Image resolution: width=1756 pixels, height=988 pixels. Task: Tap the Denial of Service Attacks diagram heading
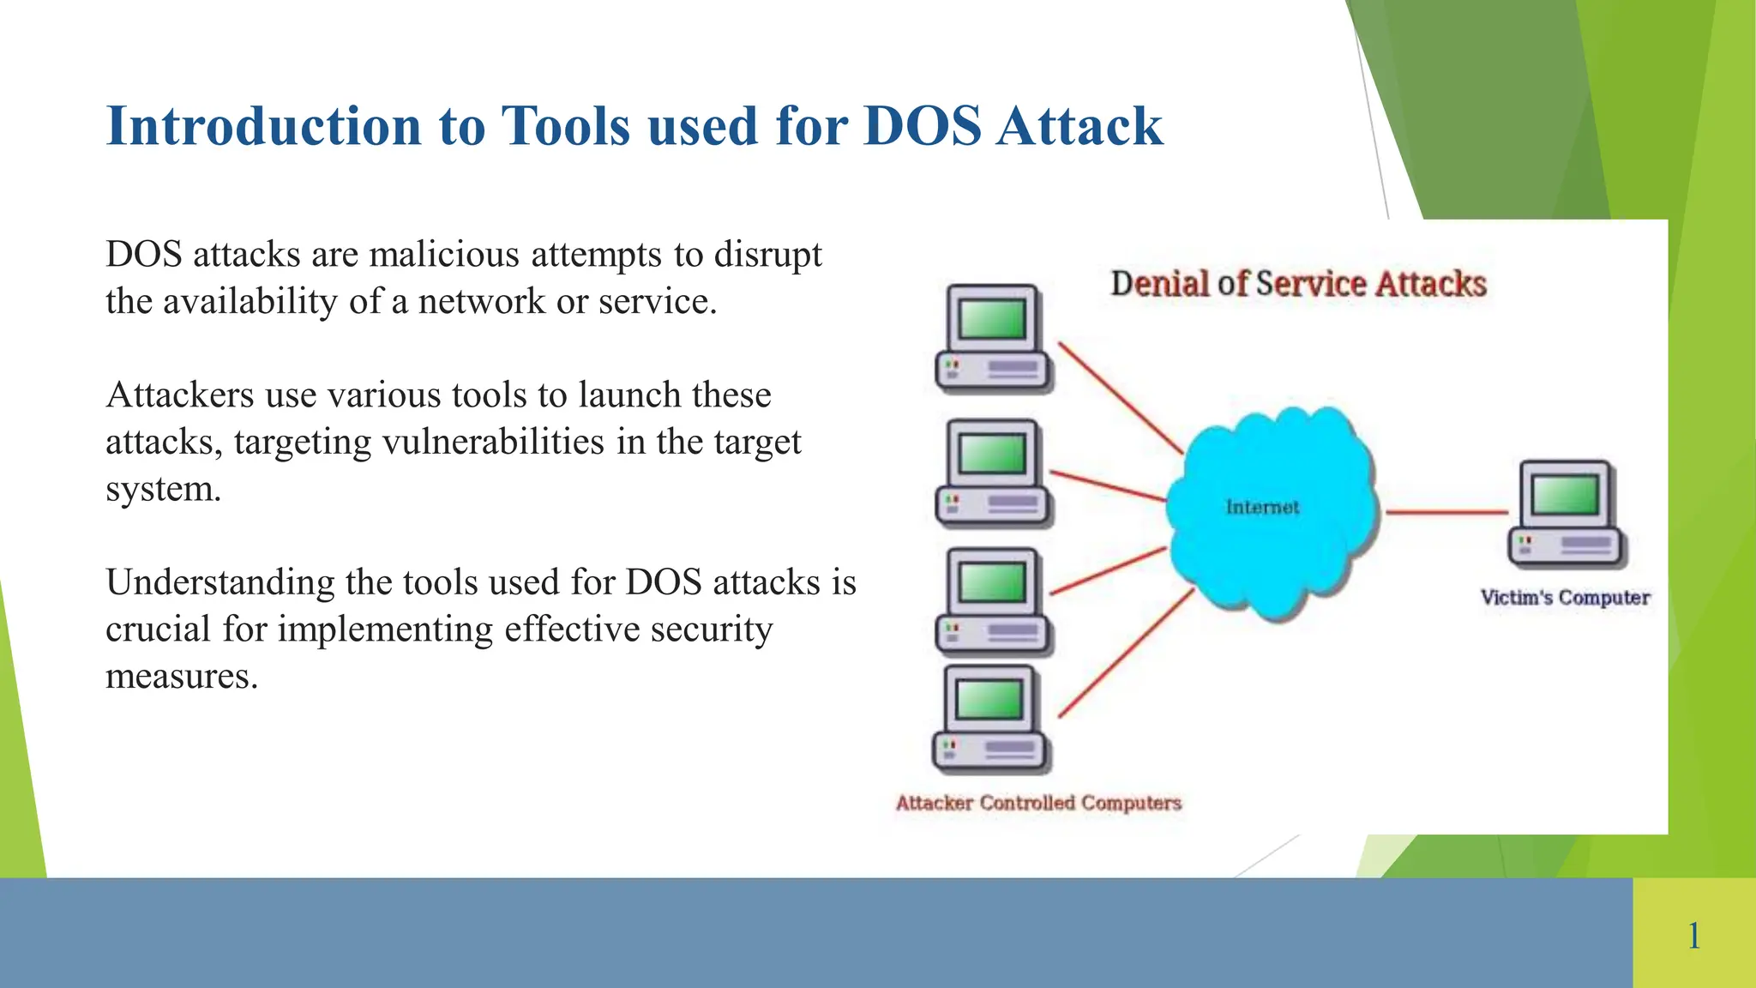[x=1298, y=284]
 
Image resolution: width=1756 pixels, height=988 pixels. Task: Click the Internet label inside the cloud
[x=1262, y=507]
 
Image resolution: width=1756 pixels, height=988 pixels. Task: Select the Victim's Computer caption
[x=1565, y=597]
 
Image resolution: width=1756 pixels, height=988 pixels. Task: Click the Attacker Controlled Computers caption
[x=1038, y=803]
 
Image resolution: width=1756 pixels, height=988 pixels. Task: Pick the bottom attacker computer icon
[x=990, y=720]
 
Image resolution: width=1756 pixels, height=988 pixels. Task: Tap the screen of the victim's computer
[x=1565, y=495]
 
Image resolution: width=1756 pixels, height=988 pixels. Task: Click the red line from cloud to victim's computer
[x=1446, y=512]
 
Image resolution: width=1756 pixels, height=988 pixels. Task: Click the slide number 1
[x=1693, y=935]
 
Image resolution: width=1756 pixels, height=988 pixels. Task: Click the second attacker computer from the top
[x=993, y=473]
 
